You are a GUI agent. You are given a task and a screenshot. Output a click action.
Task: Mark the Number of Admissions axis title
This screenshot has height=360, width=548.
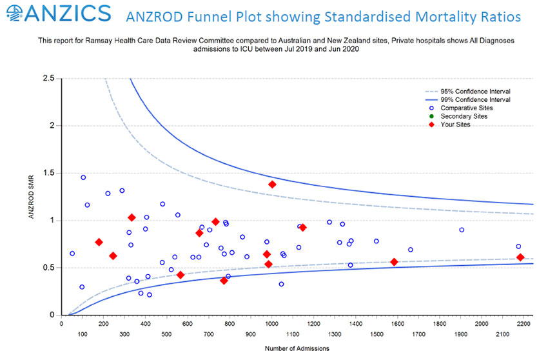pos(297,349)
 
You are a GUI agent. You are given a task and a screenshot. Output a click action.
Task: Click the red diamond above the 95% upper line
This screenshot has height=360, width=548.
pos(272,185)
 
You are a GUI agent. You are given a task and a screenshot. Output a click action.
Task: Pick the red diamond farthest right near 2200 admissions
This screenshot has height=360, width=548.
pos(520,257)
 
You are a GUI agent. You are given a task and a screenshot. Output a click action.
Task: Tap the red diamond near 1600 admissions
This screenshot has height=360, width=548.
pos(394,262)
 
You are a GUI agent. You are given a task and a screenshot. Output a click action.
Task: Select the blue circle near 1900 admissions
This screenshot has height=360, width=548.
pos(462,230)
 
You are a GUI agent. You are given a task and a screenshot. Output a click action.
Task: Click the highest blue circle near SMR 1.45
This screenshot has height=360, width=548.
pos(83,177)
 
